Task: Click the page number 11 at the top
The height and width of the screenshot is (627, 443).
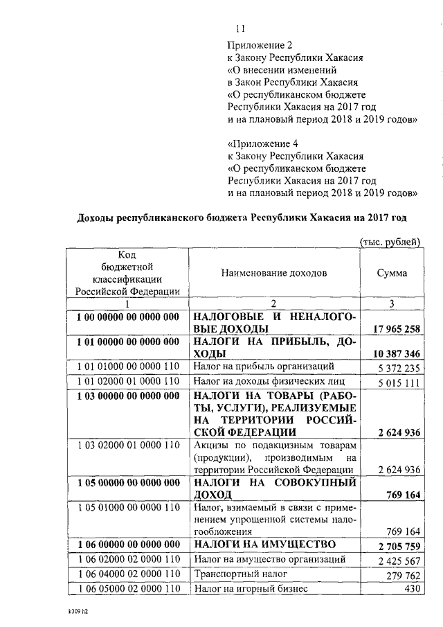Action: coord(241,28)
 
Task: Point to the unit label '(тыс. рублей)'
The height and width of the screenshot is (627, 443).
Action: coord(390,241)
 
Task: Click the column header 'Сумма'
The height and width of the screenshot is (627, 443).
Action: coord(392,273)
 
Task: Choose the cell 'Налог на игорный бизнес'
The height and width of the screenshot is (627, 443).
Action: coord(249,589)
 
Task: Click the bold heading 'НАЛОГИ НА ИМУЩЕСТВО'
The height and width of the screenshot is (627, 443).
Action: coord(265,544)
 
